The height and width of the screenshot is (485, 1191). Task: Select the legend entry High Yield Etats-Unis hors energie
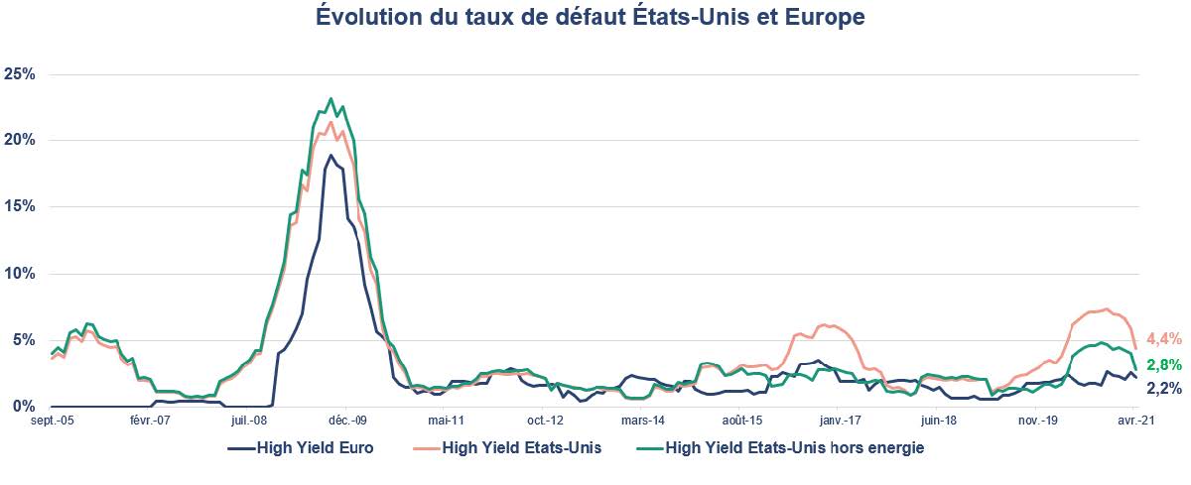tap(794, 448)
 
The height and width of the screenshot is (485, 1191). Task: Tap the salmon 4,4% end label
tap(1163, 338)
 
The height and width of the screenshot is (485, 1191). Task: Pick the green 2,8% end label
tap(1163, 365)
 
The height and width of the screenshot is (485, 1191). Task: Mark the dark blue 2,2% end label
tap(1163, 388)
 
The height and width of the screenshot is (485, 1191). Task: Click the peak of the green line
tap(331, 99)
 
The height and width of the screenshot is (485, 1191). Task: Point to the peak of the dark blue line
tap(331, 155)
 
